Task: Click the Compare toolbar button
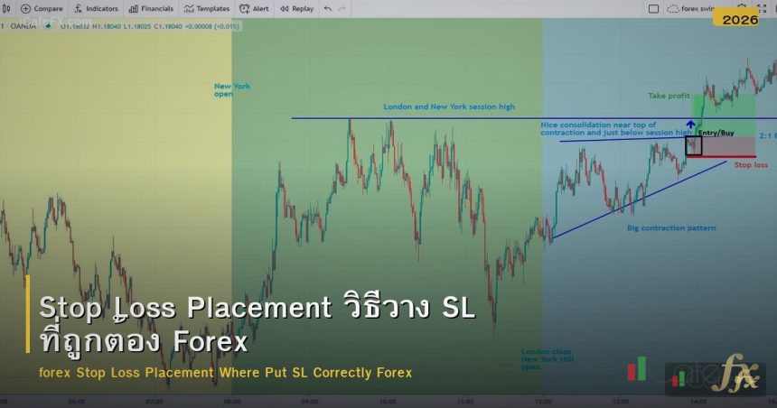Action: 43,8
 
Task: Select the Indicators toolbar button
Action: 97,8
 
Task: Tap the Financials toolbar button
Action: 152,8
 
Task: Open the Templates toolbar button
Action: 207,8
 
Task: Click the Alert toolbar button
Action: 256,8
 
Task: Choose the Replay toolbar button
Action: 297,8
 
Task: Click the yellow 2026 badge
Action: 740,18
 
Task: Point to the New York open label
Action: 232,89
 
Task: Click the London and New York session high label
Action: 449,107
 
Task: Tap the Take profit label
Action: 668,95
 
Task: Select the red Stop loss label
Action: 750,165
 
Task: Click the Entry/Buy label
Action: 716,133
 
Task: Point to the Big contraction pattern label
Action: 671,227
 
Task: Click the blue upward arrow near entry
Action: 690,125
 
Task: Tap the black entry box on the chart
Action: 693,145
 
